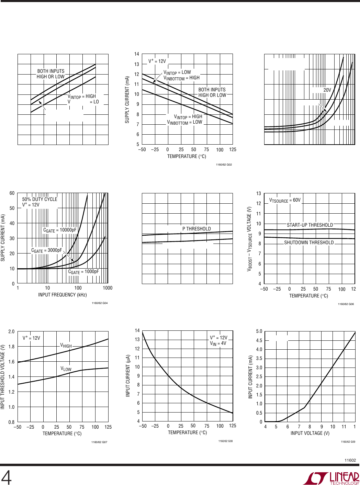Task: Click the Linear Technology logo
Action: pyautogui.click(x=331, y=478)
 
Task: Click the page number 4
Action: pyautogui.click(x=6, y=477)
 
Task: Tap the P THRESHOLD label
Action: pyautogui.click(x=196, y=229)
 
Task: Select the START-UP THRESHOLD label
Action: pyautogui.click(x=310, y=225)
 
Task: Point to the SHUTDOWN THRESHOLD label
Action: pyautogui.click(x=309, y=242)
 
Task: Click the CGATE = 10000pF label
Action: pyautogui.click(x=60, y=230)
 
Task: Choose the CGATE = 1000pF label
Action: pyautogui.click(x=83, y=272)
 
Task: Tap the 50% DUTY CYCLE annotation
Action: pyautogui.click(x=40, y=199)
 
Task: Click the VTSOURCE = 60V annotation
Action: pyautogui.click(x=285, y=200)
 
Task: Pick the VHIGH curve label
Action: pyautogui.click(x=66, y=346)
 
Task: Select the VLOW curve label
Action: pyautogui.click(x=66, y=369)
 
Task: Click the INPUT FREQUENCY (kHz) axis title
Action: pyautogui.click(x=63, y=295)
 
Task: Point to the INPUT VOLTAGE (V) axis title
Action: pyautogui.click(x=310, y=433)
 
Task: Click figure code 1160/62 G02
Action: pyautogui.click(x=224, y=165)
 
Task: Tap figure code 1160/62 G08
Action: pyautogui.click(x=225, y=441)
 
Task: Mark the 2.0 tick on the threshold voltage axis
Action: pyautogui.click(x=11, y=331)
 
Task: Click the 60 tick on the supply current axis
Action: pyautogui.click(x=12, y=193)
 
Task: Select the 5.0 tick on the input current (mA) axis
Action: pyautogui.click(x=259, y=331)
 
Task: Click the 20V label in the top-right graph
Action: pyautogui.click(x=327, y=90)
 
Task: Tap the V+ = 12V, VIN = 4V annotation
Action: pyautogui.click(x=218, y=340)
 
